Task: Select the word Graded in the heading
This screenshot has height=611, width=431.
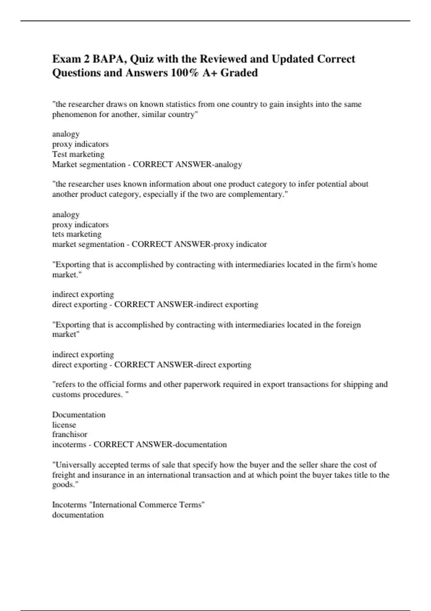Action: click(x=239, y=73)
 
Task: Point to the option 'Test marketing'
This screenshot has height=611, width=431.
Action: click(x=78, y=154)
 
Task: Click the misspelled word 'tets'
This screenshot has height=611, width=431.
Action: click(x=58, y=234)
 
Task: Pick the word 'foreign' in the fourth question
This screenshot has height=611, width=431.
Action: click(x=348, y=325)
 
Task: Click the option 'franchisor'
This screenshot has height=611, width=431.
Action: click(x=70, y=434)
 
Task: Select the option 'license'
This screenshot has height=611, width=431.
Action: click(x=64, y=425)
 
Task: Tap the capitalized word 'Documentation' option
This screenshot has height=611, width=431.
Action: click(x=79, y=415)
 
